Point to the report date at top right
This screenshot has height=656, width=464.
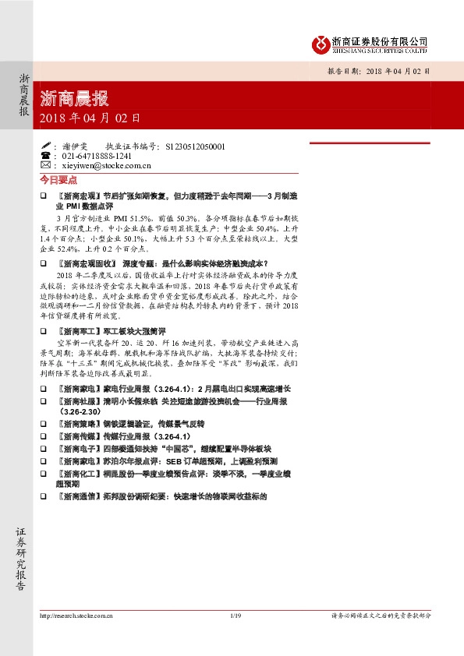coord(377,70)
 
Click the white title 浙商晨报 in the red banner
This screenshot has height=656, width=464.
coord(74,99)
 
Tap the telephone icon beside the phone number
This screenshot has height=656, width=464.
coord(46,155)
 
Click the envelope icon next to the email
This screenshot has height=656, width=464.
coord(46,165)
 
